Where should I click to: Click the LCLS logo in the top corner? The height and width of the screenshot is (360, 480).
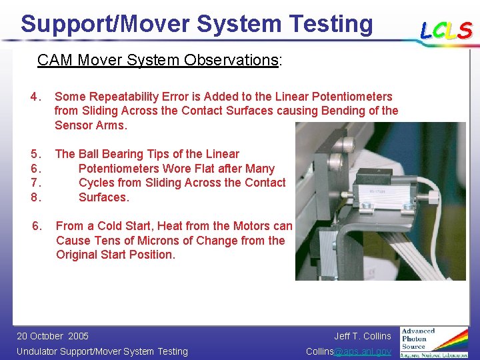[445, 30]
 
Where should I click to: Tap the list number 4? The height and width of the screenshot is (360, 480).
[36, 97]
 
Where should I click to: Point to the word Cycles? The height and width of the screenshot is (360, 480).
[98, 183]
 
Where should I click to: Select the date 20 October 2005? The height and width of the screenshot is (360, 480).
[52, 336]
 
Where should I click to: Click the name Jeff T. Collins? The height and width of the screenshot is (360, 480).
[362, 336]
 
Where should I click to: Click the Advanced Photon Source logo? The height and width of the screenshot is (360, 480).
[433, 342]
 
